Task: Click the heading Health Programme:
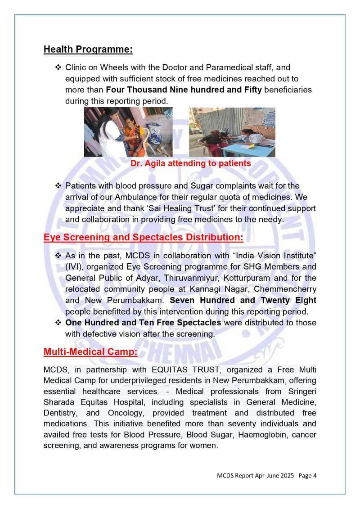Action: point(88,50)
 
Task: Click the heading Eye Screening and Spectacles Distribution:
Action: point(144,237)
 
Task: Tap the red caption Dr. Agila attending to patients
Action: point(191,163)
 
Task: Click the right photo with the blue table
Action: point(232,132)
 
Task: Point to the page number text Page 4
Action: point(307,475)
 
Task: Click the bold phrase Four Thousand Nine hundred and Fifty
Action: point(184,90)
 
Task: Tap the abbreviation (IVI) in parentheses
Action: point(74,267)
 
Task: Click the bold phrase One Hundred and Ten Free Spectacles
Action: point(143,323)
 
